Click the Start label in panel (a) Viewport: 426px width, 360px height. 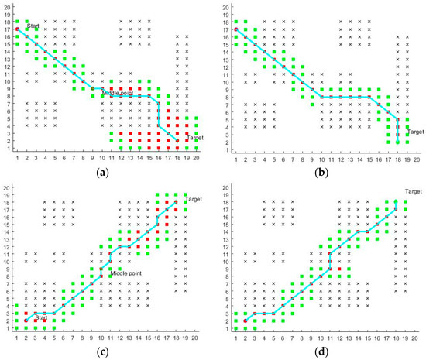coord(33,26)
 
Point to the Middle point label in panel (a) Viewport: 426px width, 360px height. coord(115,92)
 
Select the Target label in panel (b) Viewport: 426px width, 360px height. coord(415,132)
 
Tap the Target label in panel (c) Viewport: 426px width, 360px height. coord(194,199)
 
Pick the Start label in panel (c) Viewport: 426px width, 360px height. coord(42,317)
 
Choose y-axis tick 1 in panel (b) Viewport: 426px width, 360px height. coord(226,149)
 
